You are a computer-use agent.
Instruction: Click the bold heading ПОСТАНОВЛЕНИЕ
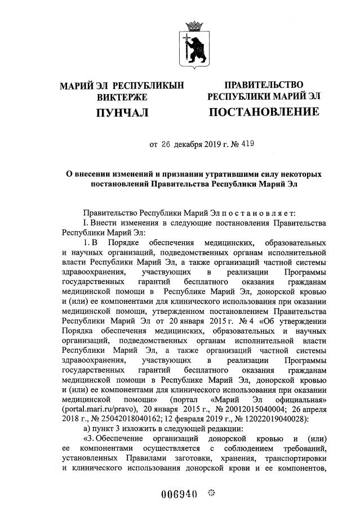click(264, 113)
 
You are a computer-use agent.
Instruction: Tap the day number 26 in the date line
click(165, 144)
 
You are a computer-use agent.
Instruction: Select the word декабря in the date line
click(188, 144)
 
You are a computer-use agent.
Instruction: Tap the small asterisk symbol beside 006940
click(211, 494)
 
